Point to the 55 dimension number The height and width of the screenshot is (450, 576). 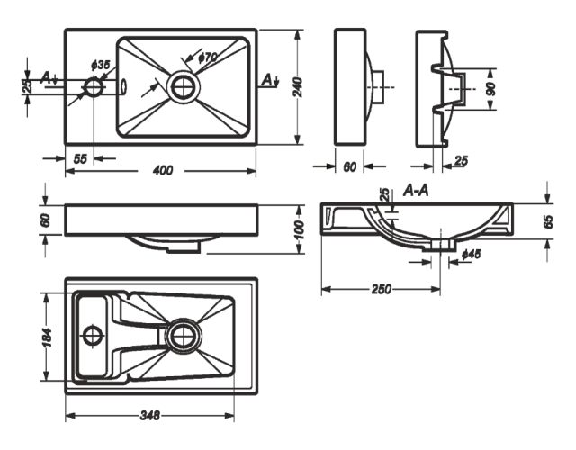pos(80,158)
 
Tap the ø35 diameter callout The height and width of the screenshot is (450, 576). pos(101,66)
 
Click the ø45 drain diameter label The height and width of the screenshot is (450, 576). pos(470,255)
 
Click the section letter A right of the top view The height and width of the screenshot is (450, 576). pos(268,81)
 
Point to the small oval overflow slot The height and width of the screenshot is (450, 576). pos(124,87)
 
